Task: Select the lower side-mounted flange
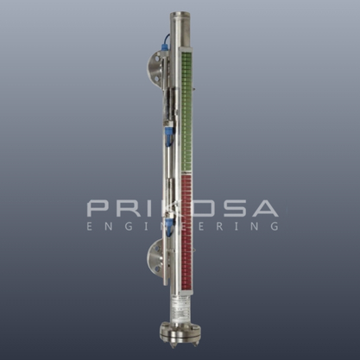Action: click(155, 256)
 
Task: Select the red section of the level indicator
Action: click(186, 231)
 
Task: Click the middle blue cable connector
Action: click(168, 135)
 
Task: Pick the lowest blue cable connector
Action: click(169, 224)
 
